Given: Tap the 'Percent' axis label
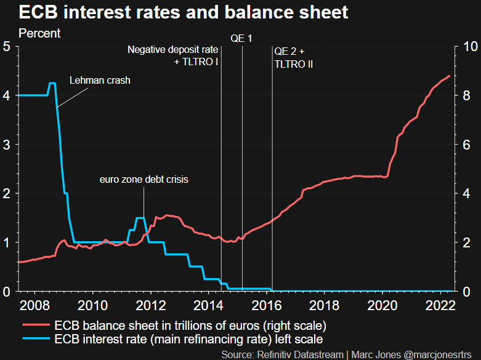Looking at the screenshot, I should [39, 33].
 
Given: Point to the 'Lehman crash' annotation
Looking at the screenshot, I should [100, 80].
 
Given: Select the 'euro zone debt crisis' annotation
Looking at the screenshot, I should [143, 180].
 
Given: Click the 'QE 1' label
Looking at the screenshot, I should [241, 39].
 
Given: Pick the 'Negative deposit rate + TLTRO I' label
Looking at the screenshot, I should [174, 55].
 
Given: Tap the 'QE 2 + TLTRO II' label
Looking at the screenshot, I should [294, 57].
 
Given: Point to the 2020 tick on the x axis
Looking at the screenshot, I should [382, 305].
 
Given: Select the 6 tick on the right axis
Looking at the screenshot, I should [467, 144].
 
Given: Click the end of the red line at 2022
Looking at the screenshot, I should [450, 76].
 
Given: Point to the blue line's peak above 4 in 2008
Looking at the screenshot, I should [52, 83].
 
